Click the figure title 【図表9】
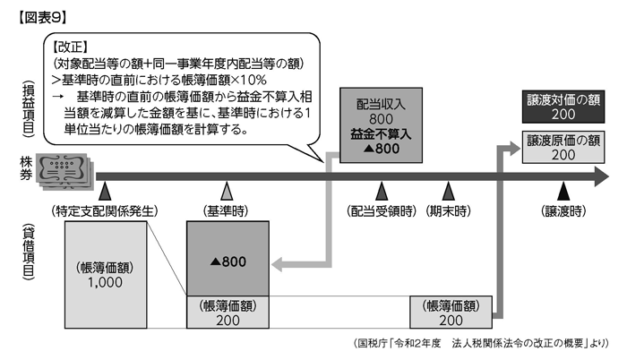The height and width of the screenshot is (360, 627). pos(42,18)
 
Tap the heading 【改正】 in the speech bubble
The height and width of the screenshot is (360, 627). pos(70,47)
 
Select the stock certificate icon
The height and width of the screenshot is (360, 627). pos(64,171)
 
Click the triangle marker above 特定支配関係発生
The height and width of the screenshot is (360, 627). pos(105,192)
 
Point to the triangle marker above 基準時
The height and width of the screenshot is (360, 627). pos(228,192)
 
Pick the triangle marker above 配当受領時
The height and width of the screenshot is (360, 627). pos(382,192)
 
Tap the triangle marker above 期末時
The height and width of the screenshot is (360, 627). pos(448,192)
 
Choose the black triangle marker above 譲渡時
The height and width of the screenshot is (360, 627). pos(563,192)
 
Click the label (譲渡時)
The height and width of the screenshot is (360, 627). pos(563,210)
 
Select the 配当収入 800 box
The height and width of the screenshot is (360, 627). pos(381,125)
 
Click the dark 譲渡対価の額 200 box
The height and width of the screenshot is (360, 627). pos(563,107)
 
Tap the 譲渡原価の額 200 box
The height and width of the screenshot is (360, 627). pos(563,147)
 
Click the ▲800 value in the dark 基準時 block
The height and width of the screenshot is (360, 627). pos(228,261)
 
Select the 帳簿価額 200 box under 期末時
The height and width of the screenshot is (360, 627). pos(451,313)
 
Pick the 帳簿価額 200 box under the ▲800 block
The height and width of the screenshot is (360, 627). pos(228,313)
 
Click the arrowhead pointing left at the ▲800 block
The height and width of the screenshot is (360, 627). pos(278,264)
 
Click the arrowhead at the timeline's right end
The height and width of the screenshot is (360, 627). pos(602,176)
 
